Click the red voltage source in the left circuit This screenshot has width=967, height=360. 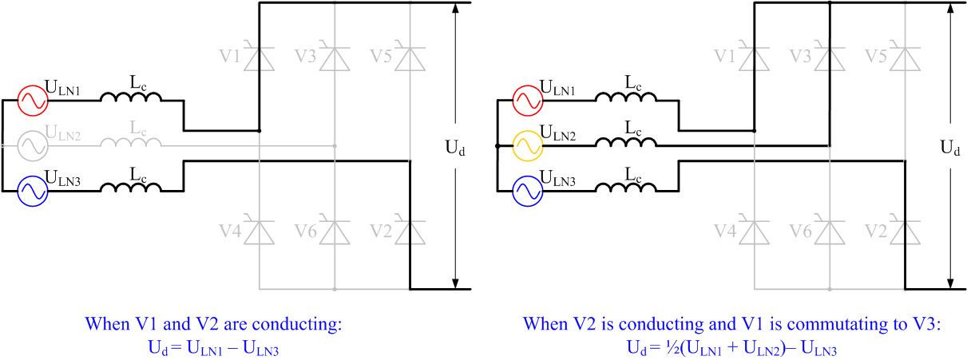click(x=33, y=101)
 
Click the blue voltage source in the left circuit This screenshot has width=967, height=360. click(x=33, y=192)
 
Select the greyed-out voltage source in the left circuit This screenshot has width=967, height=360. click(x=33, y=146)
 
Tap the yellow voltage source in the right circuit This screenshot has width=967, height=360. click(x=528, y=146)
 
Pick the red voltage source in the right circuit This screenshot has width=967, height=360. click(x=528, y=101)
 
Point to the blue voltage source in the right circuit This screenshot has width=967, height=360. click(x=528, y=192)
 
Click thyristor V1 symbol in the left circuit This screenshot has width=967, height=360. click(x=259, y=56)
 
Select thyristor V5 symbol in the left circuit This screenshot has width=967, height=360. click(x=410, y=56)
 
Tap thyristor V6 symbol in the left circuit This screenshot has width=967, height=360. click(x=335, y=230)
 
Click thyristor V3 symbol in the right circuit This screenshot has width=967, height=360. click(x=830, y=56)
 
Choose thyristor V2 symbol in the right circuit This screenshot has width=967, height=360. click(x=905, y=230)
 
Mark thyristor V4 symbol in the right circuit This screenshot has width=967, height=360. click(x=754, y=230)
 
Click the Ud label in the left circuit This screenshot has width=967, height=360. click(x=455, y=148)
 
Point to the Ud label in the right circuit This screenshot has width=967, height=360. click(x=950, y=148)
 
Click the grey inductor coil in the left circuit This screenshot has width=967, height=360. click(x=131, y=142)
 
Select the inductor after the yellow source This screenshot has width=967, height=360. click(x=626, y=142)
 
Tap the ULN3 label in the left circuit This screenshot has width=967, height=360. click(x=62, y=178)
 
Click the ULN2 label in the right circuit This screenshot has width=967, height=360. click(x=557, y=133)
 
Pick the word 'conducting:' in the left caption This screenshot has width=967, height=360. click(x=297, y=324)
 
